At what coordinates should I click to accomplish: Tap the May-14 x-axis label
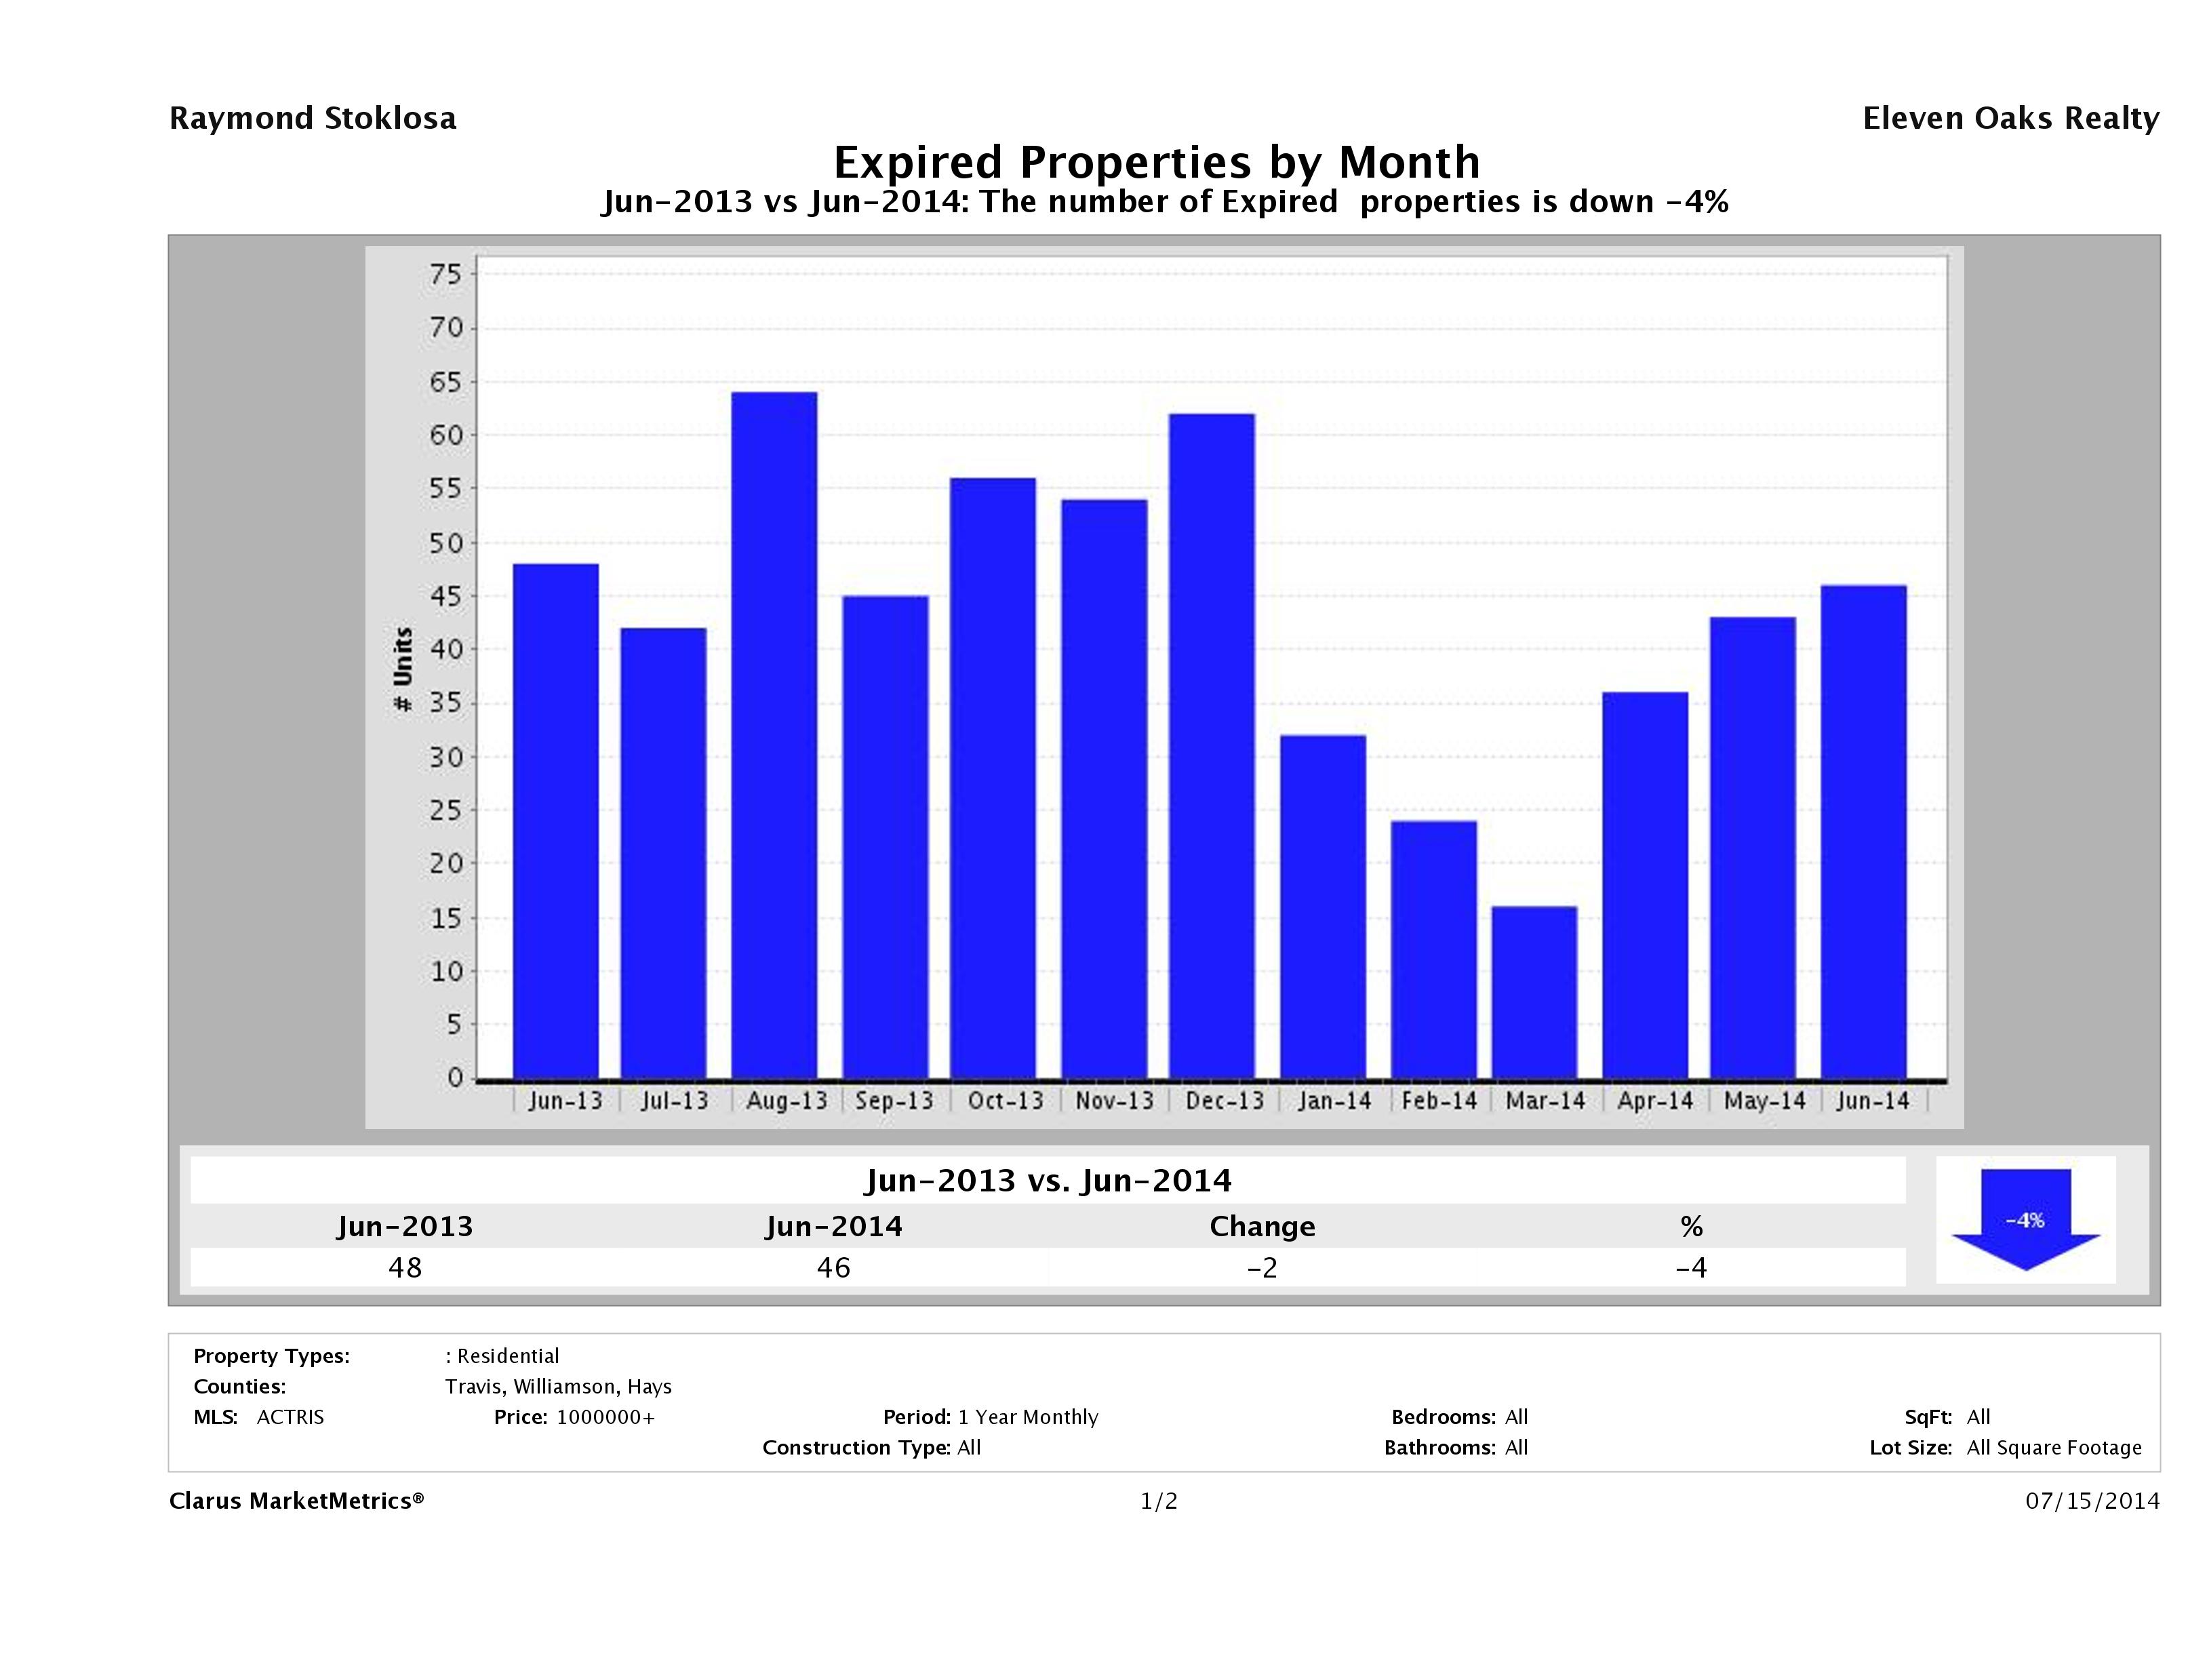(1765, 1101)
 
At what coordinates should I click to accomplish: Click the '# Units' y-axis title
(403, 670)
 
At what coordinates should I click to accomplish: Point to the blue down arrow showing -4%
(2025, 1220)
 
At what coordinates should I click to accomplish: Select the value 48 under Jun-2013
(405, 1267)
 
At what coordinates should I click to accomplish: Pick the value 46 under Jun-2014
(833, 1267)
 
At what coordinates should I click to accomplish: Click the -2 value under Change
(1262, 1267)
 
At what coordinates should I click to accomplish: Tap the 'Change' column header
(1262, 1227)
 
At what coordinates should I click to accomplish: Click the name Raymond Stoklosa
(313, 119)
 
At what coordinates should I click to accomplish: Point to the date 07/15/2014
(2092, 1501)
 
